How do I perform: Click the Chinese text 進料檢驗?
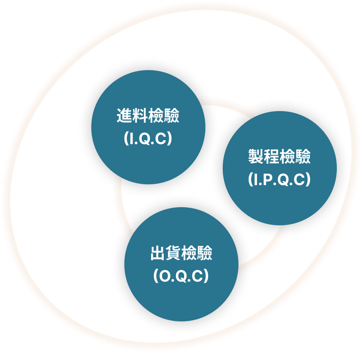148,115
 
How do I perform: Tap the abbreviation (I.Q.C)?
148,138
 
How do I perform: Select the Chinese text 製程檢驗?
280,156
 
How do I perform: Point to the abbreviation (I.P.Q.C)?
280,180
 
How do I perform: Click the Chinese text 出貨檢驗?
181,253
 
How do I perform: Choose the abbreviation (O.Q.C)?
181,276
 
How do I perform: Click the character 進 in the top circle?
125,115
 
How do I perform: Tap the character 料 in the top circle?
140,115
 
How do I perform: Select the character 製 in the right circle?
256,156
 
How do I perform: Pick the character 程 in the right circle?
272,156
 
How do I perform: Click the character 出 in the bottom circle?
158,253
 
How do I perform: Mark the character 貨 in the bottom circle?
174,253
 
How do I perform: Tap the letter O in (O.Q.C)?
165,276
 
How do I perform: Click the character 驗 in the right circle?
303,156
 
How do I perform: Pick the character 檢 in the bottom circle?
189,253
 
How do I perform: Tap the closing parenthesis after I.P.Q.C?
308,180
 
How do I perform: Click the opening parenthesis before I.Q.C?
126,138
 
